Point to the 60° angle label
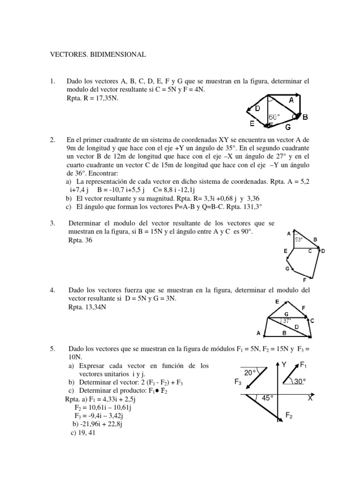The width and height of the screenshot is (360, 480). [x=274, y=117]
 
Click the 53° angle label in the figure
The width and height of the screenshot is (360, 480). [x=299, y=240]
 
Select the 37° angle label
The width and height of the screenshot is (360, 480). [x=286, y=321]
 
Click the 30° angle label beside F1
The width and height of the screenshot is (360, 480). [x=300, y=381]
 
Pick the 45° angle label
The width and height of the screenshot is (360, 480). [x=267, y=397]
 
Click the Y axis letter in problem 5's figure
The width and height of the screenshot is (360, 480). [x=284, y=364]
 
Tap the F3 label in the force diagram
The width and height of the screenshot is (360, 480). [x=238, y=382]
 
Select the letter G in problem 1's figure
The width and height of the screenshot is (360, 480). [x=287, y=127]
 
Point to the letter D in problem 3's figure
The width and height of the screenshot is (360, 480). [x=322, y=251]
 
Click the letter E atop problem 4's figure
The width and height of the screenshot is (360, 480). [x=277, y=301]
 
